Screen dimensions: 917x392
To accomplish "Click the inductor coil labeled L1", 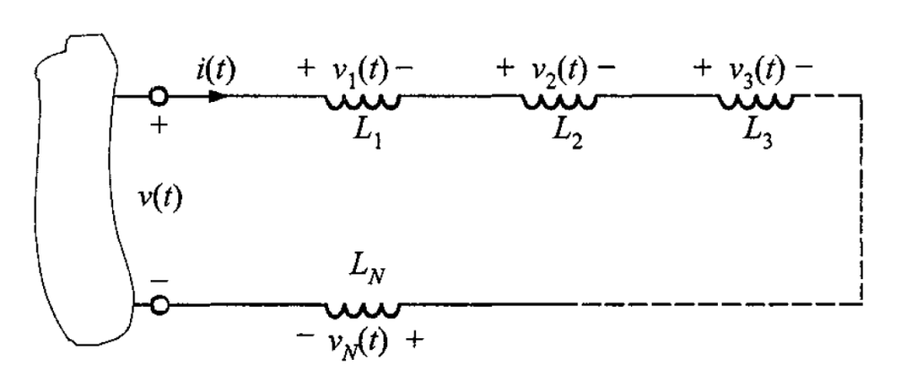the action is [x=363, y=102].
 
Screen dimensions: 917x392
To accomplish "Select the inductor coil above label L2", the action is [x=559, y=102].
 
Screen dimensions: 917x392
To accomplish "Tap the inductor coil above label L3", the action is [x=756, y=102].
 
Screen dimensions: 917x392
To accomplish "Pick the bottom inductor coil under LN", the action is [x=363, y=311].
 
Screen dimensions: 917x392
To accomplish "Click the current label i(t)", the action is [x=215, y=70].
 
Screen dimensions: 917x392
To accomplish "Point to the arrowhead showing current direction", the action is [x=219, y=95].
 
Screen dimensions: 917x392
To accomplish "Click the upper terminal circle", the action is [x=159, y=95].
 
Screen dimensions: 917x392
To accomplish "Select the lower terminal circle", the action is [x=159, y=304].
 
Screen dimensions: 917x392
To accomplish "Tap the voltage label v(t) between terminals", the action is [x=160, y=200].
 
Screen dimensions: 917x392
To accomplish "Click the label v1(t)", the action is [x=356, y=72].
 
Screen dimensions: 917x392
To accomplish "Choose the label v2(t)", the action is [x=553, y=72].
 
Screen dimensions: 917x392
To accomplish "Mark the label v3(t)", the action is [x=750, y=72].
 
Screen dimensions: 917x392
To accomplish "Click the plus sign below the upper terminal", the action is [x=159, y=125].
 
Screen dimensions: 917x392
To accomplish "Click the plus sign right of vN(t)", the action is [x=413, y=340].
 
